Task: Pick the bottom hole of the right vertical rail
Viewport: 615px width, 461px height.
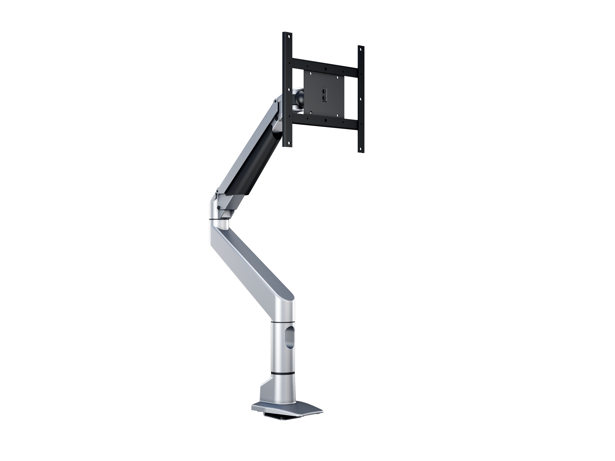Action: pos(361,148)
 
